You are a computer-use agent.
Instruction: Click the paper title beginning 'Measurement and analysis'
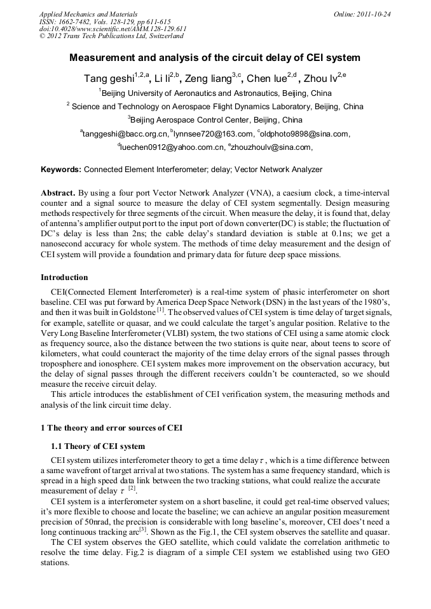click(215, 58)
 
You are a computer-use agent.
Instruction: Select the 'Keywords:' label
click(61, 170)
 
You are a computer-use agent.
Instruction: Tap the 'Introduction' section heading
click(64, 278)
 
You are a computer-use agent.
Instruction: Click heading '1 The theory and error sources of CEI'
click(111, 427)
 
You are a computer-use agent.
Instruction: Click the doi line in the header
click(113, 29)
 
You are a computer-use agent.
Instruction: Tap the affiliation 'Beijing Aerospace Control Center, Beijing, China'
click(215, 119)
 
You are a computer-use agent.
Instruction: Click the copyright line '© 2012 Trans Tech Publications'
click(112, 36)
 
